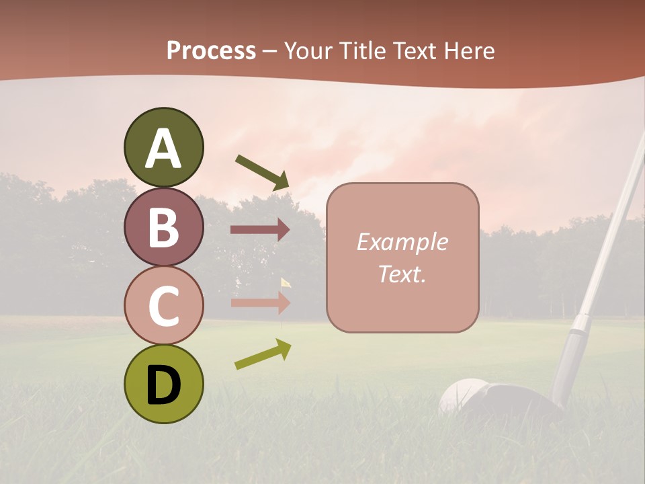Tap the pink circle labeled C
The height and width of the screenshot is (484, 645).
pyautogui.click(x=163, y=305)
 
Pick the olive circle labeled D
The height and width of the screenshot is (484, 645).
pyautogui.click(x=163, y=384)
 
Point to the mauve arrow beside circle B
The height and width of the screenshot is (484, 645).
pyautogui.click(x=260, y=229)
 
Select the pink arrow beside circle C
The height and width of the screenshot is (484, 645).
pyautogui.click(x=260, y=302)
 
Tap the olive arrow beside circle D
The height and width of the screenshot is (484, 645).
pyautogui.click(x=263, y=354)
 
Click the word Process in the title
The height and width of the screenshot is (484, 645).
pyautogui.click(x=211, y=50)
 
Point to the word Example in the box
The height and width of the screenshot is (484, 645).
pyautogui.click(x=402, y=242)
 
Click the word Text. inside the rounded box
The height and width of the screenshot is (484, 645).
pyautogui.click(x=402, y=274)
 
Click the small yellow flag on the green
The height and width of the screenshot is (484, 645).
pyautogui.click(x=286, y=282)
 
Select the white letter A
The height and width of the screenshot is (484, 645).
pyautogui.click(x=163, y=149)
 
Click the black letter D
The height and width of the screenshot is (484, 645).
pyautogui.click(x=163, y=385)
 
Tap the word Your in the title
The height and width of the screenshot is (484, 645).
pyautogui.click(x=308, y=50)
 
